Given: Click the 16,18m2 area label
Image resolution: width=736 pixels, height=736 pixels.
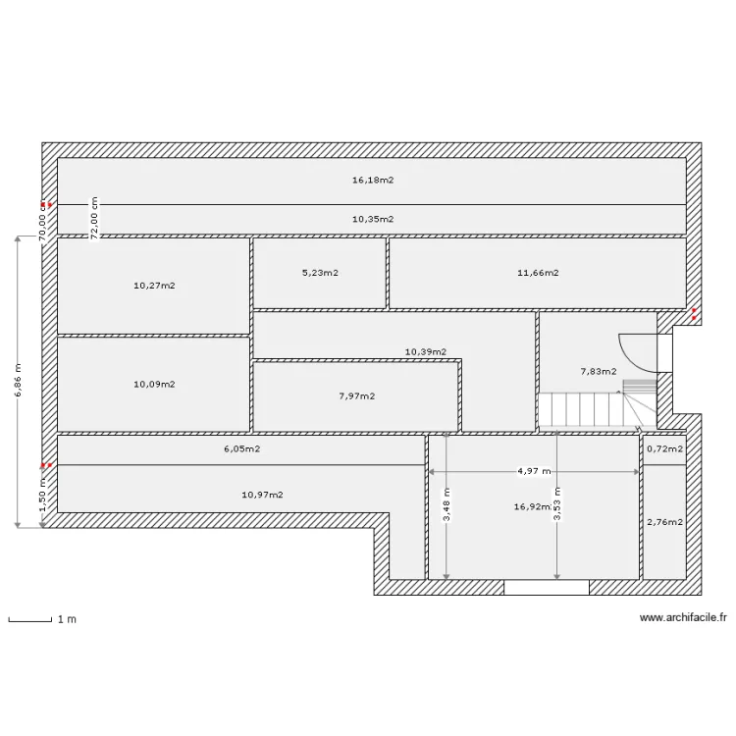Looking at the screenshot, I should pyautogui.click(x=372, y=181).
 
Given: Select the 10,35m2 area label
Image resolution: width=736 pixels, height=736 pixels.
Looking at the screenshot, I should pyautogui.click(x=372, y=219).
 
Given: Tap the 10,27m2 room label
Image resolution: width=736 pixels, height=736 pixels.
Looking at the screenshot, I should pyautogui.click(x=153, y=286).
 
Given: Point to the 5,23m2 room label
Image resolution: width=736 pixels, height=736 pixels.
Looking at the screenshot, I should pyautogui.click(x=320, y=273).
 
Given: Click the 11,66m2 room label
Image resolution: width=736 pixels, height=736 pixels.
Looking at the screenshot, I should pyautogui.click(x=538, y=273).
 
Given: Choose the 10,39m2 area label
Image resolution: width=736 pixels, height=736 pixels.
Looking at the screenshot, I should pyautogui.click(x=426, y=351).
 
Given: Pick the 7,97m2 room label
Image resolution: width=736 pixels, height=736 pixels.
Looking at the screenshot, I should pyautogui.click(x=355, y=396).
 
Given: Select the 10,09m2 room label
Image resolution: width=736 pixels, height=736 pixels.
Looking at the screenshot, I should pyautogui.click(x=153, y=384).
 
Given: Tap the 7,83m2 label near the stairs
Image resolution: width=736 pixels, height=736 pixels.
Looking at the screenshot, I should pyautogui.click(x=599, y=372).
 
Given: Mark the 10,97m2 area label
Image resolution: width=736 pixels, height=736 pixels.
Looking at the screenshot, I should pyautogui.click(x=261, y=495).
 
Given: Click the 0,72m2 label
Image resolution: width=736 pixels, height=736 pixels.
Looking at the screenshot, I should pyautogui.click(x=664, y=448).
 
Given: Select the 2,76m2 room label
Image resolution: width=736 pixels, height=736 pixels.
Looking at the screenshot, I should pyautogui.click(x=664, y=522).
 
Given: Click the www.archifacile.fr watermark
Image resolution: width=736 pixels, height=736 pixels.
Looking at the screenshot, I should pyautogui.click(x=682, y=618).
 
